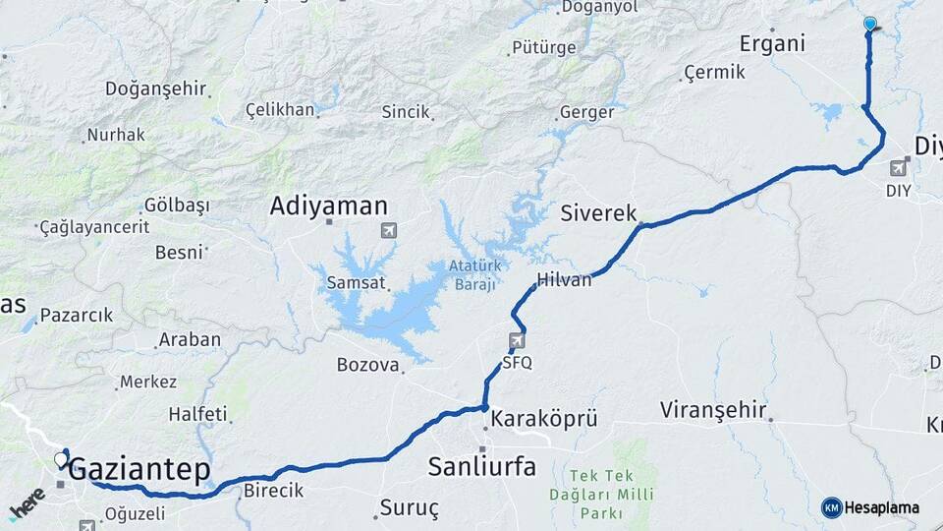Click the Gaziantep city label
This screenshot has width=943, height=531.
tap(140, 470)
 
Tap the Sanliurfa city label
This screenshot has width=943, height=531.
tap(482, 466)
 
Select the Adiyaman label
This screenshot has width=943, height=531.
tap(329, 206)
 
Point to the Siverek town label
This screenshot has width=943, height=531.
tap(599, 213)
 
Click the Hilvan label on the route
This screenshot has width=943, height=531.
tap(565, 280)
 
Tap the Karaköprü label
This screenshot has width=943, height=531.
tap(543, 418)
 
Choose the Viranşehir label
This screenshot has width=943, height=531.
tap(714, 409)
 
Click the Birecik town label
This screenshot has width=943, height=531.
tap(273, 491)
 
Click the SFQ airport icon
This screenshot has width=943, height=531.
tap(517, 341)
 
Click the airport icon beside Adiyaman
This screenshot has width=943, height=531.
tap(390, 231)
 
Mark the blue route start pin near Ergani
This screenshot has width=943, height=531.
tap(869, 24)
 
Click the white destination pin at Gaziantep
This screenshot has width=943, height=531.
tap(61, 459)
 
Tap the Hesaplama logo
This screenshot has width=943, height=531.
tap(871, 507)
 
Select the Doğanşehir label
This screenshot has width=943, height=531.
tap(155, 88)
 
